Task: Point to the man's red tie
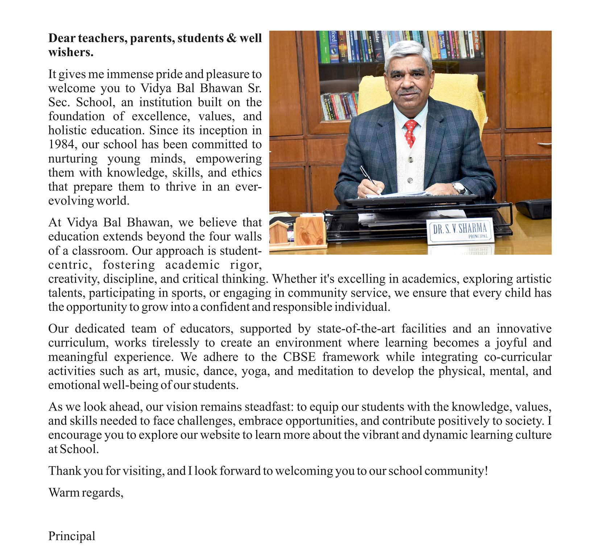(x=410, y=133)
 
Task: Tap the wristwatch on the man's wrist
(x=459, y=188)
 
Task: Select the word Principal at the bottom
(x=72, y=536)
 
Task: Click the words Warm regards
(x=86, y=493)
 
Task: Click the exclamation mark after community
(x=486, y=471)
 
